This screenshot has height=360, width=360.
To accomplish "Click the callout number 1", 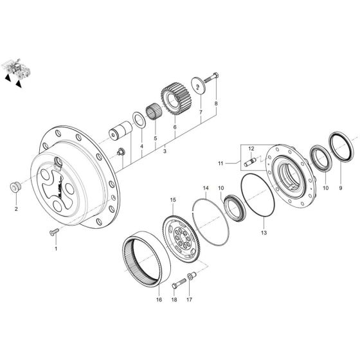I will pos(55,248).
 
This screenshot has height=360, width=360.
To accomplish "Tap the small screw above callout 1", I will pos(52,230).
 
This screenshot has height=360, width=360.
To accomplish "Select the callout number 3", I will pos(165,152).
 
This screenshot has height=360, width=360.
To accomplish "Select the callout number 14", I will pos(206,188).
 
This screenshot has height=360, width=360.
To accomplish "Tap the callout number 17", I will pos(189,300).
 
